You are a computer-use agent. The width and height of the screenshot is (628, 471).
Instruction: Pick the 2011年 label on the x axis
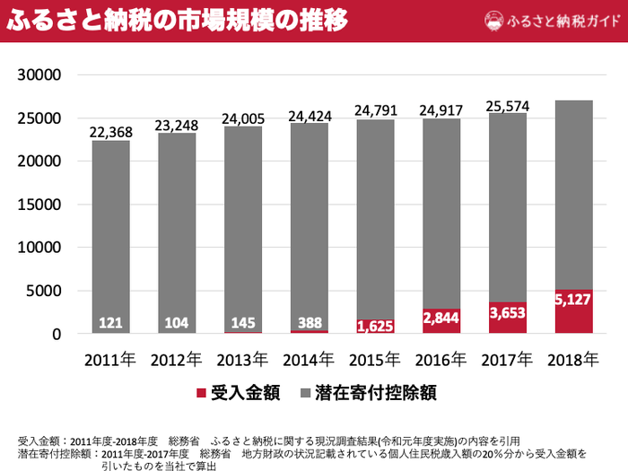[x=110, y=360]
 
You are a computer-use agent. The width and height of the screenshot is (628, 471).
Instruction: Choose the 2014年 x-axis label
[x=309, y=360]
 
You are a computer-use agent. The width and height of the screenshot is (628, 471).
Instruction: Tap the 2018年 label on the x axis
[x=573, y=360]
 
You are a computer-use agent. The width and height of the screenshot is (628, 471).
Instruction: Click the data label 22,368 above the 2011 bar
[x=110, y=132]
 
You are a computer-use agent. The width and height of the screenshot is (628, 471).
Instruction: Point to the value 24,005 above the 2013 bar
[x=243, y=118]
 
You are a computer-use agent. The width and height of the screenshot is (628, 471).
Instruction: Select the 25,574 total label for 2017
[x=507, y=105]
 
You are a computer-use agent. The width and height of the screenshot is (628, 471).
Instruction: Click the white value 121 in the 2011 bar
[x=110, y=323]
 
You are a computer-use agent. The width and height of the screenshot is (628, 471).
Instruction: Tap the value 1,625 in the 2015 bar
[x=375, y=325]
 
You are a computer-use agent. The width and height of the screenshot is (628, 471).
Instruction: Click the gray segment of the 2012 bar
[x=177, y=224]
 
